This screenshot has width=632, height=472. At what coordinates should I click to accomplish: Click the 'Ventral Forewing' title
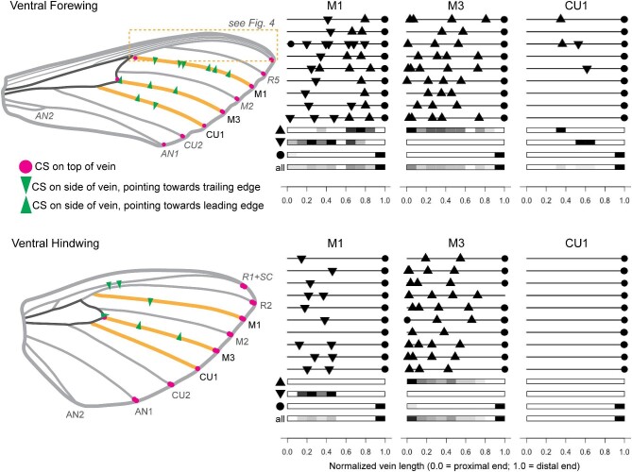point(43,8)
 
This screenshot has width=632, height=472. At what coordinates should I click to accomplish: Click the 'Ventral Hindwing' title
point(43,245)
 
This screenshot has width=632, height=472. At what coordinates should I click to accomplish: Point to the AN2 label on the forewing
point(45,115)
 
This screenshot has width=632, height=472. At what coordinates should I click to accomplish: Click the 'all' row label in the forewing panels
point(278,167)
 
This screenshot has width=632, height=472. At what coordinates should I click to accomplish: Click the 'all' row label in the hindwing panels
point(278,418)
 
